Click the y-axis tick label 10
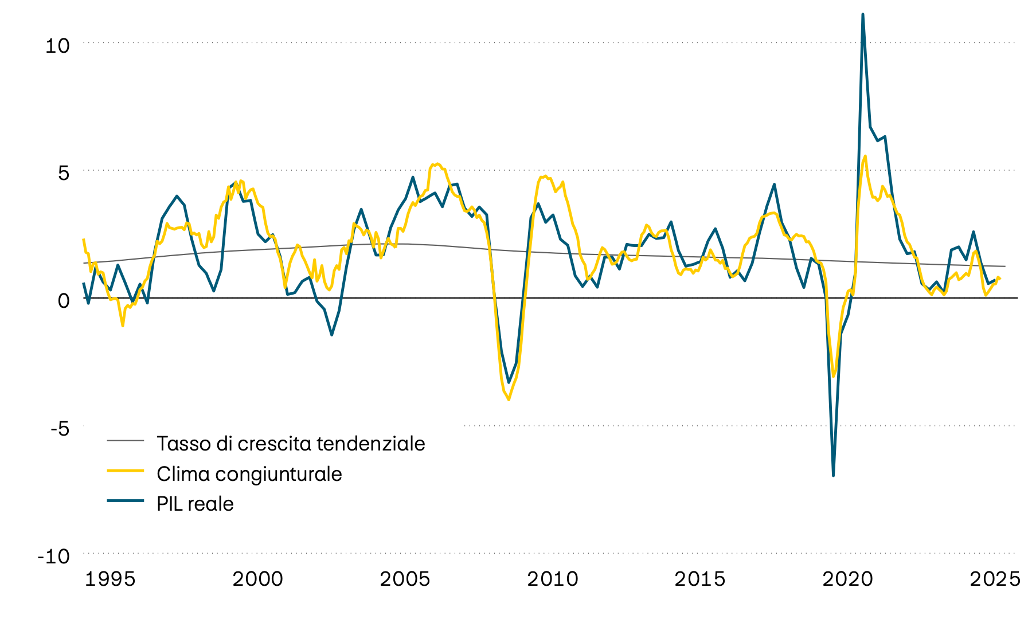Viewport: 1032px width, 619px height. point(57,46)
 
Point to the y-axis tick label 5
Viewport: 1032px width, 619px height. point(63,173)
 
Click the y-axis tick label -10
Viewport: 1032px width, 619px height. point(53,556)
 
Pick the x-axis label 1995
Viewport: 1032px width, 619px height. point(110,579)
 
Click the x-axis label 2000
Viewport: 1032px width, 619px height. point(257,579)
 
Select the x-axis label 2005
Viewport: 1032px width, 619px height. point(405,579)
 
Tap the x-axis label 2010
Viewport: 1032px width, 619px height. point(553,579)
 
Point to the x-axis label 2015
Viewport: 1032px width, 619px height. point(700,579)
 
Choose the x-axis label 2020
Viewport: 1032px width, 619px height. point(847,579)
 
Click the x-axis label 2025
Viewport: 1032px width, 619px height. point(995,579)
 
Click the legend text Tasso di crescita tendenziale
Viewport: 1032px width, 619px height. point(291,444)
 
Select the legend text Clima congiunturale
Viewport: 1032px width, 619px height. point(249,474)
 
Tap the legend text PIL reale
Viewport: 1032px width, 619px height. point(195,504)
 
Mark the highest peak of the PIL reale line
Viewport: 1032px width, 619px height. point(863,14)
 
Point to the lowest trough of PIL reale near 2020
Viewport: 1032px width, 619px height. point(833,475)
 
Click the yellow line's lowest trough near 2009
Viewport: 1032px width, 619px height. point(509,399)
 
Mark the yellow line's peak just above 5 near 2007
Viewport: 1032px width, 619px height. point(437,164)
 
